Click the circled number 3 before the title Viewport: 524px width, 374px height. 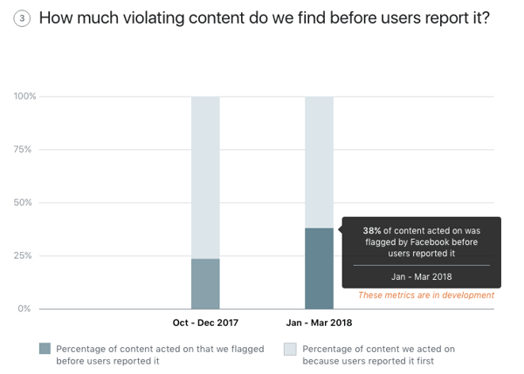(20, 18)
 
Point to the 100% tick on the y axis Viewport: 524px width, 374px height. (25, 97)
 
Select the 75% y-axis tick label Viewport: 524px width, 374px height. (25, 150)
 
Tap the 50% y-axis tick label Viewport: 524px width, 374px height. (25, 203)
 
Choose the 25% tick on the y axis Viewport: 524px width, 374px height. (25, 256)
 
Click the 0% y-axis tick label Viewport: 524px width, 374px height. (27, 309)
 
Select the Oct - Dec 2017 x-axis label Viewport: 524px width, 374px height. (205, 323)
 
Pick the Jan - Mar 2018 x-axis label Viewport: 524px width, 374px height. (319, 323)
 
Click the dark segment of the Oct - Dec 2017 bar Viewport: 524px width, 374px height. (205, 283)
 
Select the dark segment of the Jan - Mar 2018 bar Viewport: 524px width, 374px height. (319, 270)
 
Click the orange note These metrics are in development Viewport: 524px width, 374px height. (426, 296)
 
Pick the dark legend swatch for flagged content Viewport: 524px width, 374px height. (45, 349)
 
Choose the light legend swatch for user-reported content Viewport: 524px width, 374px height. (291, 349)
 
